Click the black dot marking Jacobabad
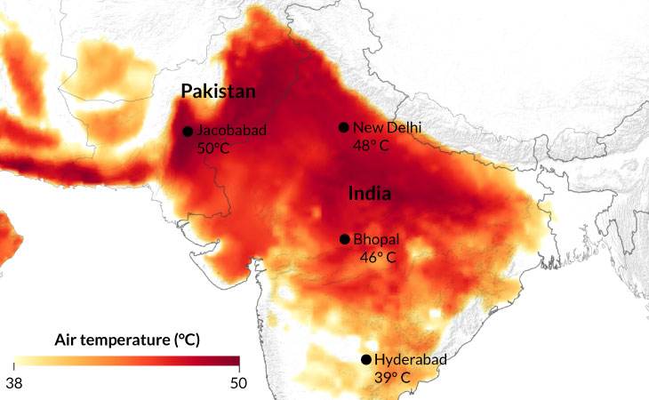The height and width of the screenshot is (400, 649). (188, 132)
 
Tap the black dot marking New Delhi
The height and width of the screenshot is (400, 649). (343, 127)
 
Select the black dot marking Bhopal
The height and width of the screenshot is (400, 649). (344, 239)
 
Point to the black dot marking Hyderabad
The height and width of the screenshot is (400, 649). (365, 360)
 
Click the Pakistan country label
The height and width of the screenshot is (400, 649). (219, 92)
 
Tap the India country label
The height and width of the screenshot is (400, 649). (371, 193)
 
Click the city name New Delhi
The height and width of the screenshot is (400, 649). (388, 127)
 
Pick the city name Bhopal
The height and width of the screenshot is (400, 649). (376, 240)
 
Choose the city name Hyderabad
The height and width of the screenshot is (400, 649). (410, 360)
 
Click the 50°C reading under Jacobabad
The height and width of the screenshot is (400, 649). (212, 148)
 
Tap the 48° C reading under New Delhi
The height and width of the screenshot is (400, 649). (371, 145)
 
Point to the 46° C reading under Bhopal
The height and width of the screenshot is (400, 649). (377, 258)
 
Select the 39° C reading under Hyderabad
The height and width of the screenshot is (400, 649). (392, 378)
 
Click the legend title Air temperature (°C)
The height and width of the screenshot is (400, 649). (127, 340)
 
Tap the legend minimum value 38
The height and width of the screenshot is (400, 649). (13, 382)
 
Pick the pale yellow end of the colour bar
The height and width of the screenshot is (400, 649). (18, 361)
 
